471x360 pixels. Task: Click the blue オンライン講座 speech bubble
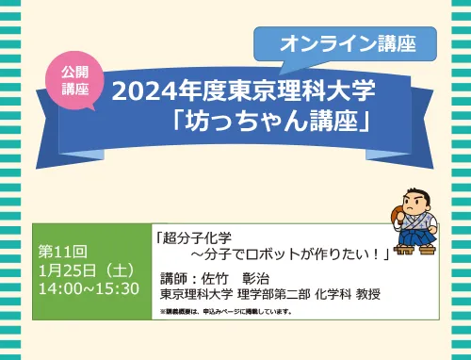(345, 44)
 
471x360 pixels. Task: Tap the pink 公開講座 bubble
(74, 81)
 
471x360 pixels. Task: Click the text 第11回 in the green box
(62, 252)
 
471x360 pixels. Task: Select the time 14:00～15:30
(89, 288)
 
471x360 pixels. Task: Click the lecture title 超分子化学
(197, 237)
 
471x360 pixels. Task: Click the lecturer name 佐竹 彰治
(235, 278)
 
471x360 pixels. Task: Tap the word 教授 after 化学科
(368, 294)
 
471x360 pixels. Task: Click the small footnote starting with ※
(226, 312)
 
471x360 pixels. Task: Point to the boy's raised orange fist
(397, 213)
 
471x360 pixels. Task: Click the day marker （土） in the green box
(120, 270)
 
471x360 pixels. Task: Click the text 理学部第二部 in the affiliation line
(274, 294)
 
